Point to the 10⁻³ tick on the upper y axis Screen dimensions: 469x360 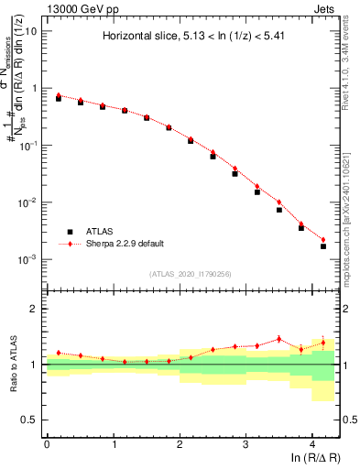28,260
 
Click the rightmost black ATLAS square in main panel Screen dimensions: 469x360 323,246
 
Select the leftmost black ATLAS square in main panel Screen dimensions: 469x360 59,98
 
